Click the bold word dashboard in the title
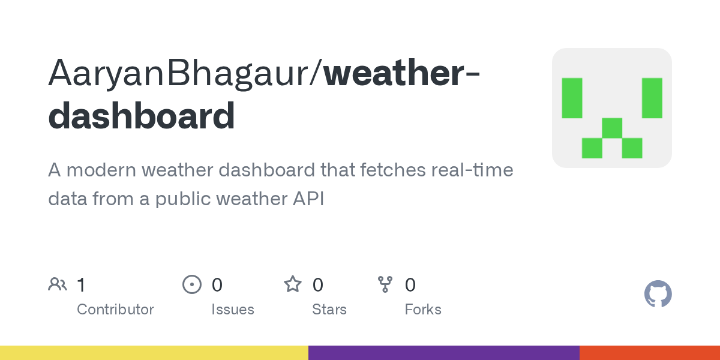point(142,115)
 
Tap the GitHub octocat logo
point(658,293)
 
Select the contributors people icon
point(58,284)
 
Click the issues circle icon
point(192,284)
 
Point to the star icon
point(293,284)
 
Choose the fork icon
point(385,284)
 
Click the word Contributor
point(115,310)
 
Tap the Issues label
point(233,310)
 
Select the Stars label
point(329,310)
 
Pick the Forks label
point(423,310)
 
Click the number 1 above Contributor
point(82,285)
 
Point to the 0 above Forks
point(410,285)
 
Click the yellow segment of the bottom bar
point(154,353)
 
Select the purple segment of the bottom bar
point(444,353)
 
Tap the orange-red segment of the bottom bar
point(650,353)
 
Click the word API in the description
point(308,199)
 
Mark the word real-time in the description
point(472,170)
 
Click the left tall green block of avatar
point(572,98)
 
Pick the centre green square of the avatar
point(612,128)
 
